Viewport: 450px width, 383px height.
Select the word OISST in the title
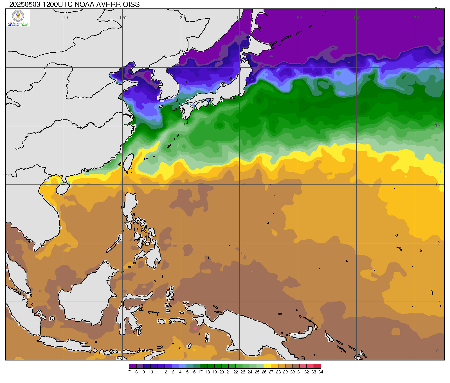[x=133, y=4]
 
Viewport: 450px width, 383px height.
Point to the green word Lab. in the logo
[x=26, y=24]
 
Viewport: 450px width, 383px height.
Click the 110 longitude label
[x=64, y=17]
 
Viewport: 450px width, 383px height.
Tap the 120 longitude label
[x=123, y=17]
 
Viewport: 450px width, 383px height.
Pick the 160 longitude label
[x=357, y=17]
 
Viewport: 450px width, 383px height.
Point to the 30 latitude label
[x=437, y=126]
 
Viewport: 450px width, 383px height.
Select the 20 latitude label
[x=437, y=184]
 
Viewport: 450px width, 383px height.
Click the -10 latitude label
[x=435, y=351]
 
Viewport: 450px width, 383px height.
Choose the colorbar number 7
[x=129, y=372]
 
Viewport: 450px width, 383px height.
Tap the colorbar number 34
[x=321, y=372]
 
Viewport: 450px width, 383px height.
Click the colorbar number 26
[x=264, y=372]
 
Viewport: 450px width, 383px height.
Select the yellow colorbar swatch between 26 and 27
[x=267, y=366]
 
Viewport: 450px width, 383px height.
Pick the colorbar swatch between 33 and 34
[x=317, y=366]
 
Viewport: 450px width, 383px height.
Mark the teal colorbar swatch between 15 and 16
[x=190, y=366]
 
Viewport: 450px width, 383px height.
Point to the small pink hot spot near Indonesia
[x=195, y=328]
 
